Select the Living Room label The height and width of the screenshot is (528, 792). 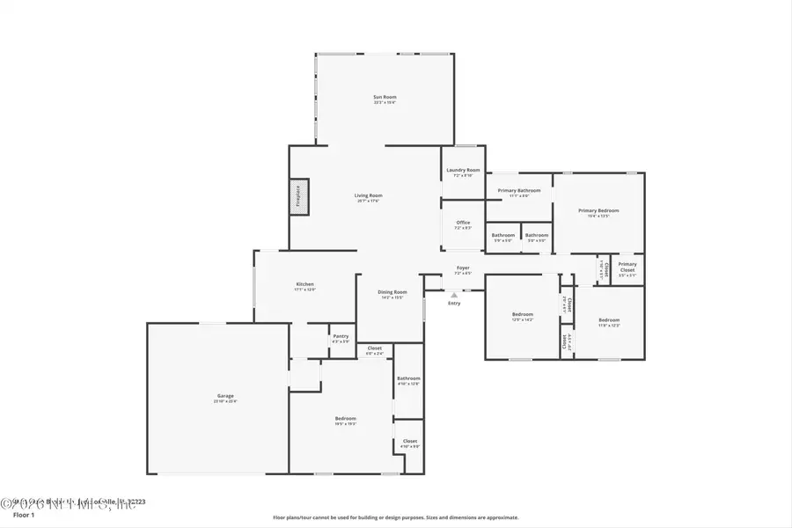click(x=369, y=196)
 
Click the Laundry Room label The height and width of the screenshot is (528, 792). click(x=463, y=170)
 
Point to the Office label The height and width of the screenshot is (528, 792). click(x=463, y=223)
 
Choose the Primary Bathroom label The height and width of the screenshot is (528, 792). click(x=519, y=191)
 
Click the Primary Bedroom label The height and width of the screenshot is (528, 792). click(x=598, y=211)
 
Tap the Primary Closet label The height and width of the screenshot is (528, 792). click(x=627, y=265)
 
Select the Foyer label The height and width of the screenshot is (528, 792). click(x=463, y=268)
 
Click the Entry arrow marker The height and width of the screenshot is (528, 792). click(x=454, y=295)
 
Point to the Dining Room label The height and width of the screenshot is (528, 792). click(x=392, y=292)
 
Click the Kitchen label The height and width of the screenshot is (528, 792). click(x=305, y=285)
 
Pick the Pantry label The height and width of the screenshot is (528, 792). click(x=341, y=336)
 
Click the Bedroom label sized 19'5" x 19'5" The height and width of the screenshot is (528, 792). click(x=345, y=419)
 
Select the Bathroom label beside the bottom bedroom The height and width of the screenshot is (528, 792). click(x=408, y=379)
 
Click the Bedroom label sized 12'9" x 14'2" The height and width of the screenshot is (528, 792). click(x=523, y=315)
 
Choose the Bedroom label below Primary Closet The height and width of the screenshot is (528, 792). click(x=609, y=320)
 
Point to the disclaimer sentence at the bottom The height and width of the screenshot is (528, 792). click(x=396, y=517)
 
